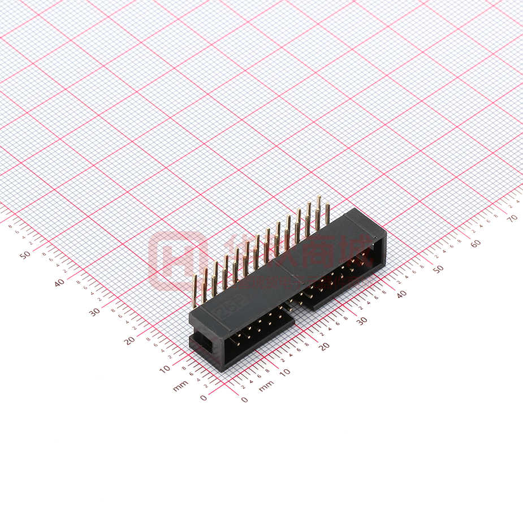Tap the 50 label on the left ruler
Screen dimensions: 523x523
25,255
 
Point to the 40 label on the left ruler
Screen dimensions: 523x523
60,283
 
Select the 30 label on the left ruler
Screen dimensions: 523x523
94,312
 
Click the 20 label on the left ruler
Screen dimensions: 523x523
129,340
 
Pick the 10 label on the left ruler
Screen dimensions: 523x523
165,369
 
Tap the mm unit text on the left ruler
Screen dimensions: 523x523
180,386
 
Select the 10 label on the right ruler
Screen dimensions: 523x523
285,372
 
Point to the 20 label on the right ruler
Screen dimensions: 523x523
323,347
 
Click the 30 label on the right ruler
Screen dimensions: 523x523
362,321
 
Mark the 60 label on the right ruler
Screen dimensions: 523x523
476,244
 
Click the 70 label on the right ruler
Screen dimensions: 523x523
513,218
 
